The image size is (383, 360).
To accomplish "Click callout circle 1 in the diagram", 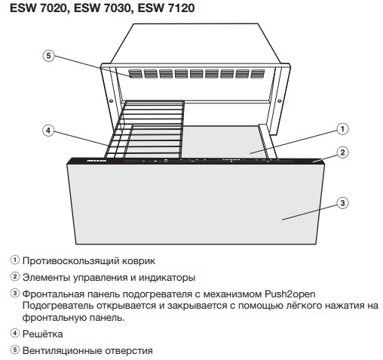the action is click(342, 129).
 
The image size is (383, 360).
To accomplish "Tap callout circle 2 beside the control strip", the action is click(342, 152).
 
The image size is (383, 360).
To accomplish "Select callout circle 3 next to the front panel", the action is click(342, 203).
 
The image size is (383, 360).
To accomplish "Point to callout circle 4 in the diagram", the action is click(48, 131).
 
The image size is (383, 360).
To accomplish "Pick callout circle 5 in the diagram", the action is click(48, 56).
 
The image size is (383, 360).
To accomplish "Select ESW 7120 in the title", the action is click(166, 8).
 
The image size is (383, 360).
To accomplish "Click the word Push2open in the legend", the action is click(290, 294).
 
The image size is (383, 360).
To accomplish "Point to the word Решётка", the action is click(43, 334).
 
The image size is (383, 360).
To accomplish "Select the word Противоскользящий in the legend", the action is click(71, 261).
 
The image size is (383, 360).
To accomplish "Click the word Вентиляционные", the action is click(62, 351).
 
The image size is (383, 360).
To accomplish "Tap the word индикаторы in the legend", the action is click(167, 278).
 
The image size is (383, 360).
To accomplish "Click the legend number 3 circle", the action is click(15, 293).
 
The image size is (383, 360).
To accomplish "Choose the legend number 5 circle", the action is click(15, 350).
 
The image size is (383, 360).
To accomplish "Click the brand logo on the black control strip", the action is click(97, 161).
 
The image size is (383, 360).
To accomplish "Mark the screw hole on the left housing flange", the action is click(111, 101).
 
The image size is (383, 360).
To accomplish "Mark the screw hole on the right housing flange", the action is click(280, 101).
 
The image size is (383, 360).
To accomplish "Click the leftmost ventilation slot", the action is click(136, 74).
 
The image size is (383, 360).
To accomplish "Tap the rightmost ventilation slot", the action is click(258, 74).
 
